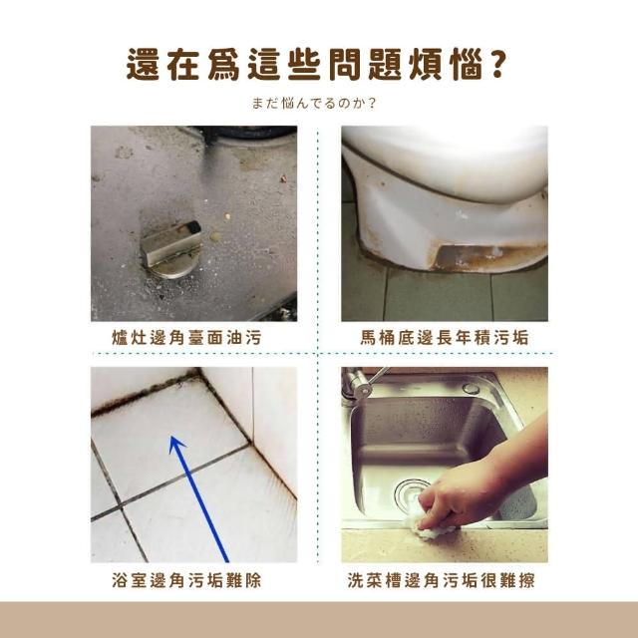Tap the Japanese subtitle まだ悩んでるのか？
coord(314,104)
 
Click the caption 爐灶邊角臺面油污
coord(186,338)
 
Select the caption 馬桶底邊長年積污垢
coord(445,338)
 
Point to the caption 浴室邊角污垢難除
coord(186,580)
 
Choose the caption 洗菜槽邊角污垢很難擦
coord(441,580)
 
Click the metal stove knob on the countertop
coord(171,249)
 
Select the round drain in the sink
coord(411,494)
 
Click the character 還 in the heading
coord(143,64)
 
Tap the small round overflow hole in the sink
coord(471,388)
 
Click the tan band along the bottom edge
coord(319,620)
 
